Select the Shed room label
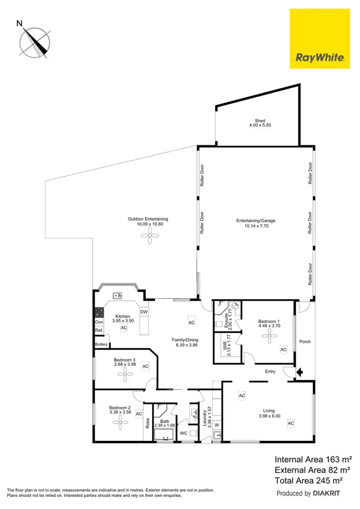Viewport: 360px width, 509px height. click(x=260, y=123)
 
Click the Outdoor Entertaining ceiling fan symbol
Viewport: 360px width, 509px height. click(x=148, y=236)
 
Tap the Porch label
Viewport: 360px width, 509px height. click(x=305, y=342)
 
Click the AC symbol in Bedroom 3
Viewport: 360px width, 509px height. click(x=145, y=367)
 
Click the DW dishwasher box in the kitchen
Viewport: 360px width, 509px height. click(x=144, y=312)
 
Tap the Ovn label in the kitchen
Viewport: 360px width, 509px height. click(x=99, y=322)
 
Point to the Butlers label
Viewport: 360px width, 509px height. click(x=101, y=344)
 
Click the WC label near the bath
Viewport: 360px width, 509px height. click(x=183, y=434)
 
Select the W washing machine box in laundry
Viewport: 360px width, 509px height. click(x=216, y=425)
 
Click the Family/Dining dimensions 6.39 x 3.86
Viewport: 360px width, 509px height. click(x=185, y=344)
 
